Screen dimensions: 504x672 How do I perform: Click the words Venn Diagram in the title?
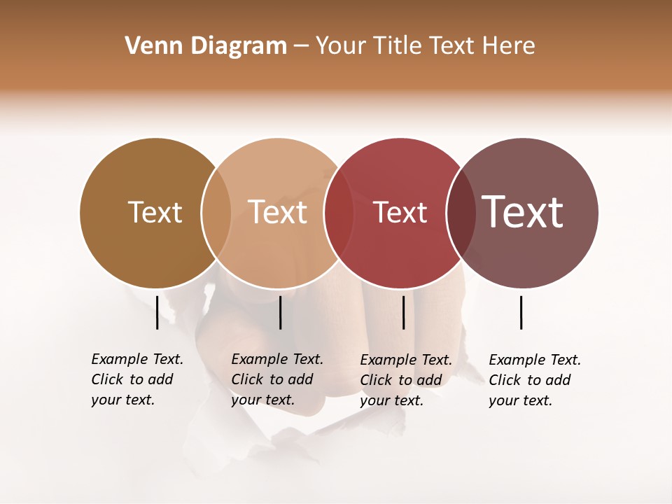click(206, 46)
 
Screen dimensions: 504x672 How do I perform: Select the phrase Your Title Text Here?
click(425, 46)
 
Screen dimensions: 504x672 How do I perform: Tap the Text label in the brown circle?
click(155, 213)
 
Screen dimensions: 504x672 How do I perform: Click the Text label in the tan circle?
click(277, 213)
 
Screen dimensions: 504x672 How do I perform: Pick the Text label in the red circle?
click(400, 213)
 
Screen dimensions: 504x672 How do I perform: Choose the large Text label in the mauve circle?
click(523, 213)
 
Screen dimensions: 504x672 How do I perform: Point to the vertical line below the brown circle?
click(157, 312)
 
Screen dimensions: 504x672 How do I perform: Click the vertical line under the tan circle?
click(280, 312)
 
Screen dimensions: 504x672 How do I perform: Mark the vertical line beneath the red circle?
click(403, 312)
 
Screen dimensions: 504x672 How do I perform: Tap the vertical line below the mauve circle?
click(521, 312)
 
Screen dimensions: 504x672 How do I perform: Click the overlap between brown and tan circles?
click(216, 213)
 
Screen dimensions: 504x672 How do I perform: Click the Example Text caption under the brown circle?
click(137, 379)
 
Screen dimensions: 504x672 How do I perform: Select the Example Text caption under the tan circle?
click(277, 379)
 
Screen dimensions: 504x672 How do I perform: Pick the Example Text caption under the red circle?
click(406, 380)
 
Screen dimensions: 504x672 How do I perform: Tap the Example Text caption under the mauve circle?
click(535, 380)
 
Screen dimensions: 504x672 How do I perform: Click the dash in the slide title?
click(301, 47)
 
